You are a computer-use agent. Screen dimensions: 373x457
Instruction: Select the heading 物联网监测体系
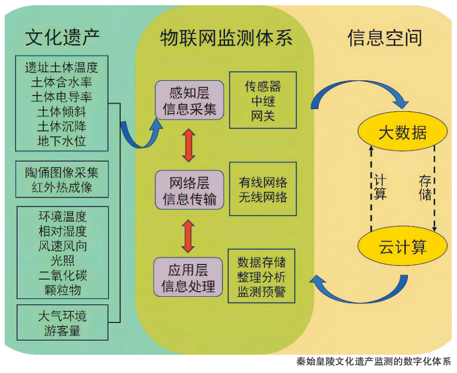[226, 38]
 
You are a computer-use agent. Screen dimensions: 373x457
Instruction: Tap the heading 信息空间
[384, 38]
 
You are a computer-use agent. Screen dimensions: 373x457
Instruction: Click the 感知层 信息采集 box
[189, 101]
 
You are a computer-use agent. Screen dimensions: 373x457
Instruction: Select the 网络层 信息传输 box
[189, 190]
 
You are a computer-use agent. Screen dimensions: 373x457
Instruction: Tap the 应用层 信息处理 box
[189, 278]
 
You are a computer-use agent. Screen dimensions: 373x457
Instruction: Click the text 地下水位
[62, 140]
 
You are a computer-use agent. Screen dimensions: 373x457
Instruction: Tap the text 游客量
[62, 330]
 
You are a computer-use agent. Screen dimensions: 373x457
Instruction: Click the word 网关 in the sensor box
[263, 115]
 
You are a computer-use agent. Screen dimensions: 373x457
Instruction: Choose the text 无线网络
[263, 197]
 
